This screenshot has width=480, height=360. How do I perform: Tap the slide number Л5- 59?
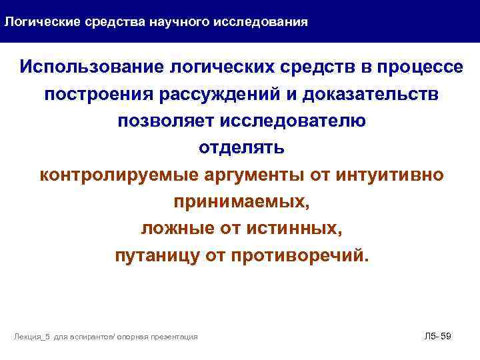click(x=437, y=336)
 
